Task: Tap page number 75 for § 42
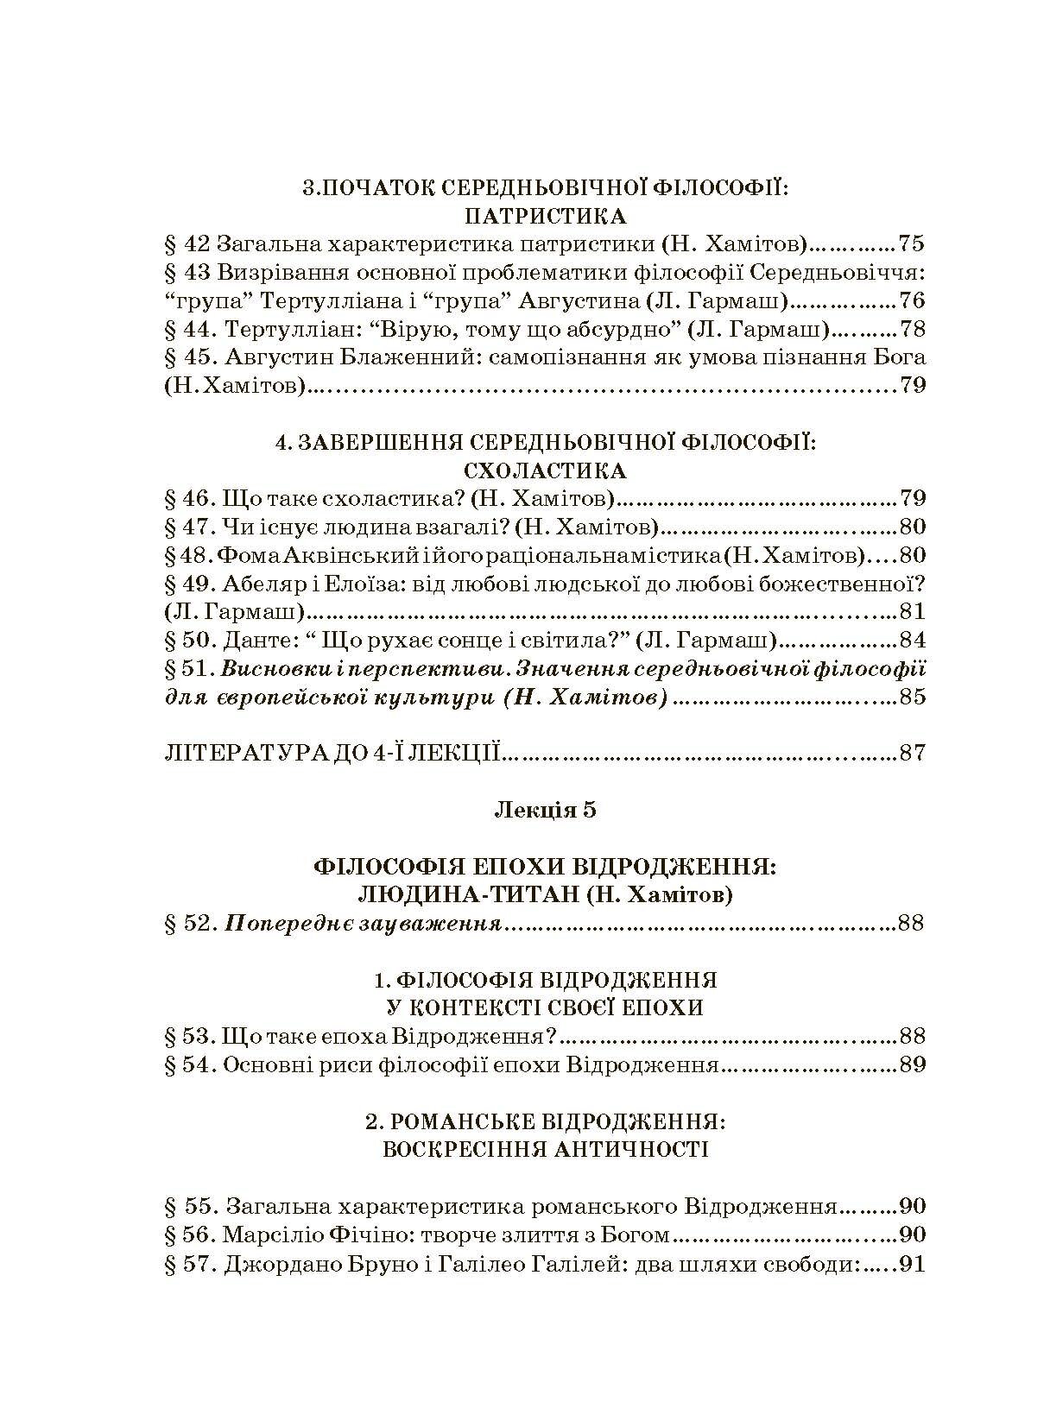(911, 243)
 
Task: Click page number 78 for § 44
(911, 329)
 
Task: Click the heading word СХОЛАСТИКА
(544, 470)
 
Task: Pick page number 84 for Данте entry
(911, 641)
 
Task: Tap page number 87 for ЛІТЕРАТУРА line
(911, 753)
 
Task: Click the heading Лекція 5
(544, 810)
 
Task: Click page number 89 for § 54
(911, 1064)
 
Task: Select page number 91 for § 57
(911, 1265)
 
